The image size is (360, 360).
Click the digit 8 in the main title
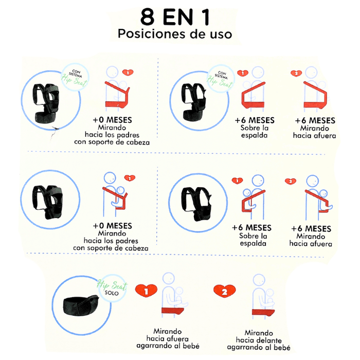pos(148,17)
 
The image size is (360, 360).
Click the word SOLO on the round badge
pos(112,293)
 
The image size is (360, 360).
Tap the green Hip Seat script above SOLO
pos(112,285)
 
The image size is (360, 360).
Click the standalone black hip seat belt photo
pos(81,305)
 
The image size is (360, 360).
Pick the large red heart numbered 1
pos(146,291)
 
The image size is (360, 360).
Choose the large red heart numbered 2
pos(224,291)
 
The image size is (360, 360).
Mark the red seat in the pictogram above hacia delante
pos(263,312)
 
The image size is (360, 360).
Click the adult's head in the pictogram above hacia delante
pos(259,280)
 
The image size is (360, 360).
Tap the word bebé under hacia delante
pos(283,347)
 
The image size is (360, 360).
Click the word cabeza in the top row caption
pos(138,142)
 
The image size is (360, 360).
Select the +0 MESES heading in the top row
pos(112,120)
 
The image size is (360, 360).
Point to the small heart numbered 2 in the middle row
pos(291,182)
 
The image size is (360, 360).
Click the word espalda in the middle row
pos(253,243)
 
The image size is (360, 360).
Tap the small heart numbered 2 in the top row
pos(296,73)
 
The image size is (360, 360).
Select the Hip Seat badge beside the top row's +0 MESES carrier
pos(75,77)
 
